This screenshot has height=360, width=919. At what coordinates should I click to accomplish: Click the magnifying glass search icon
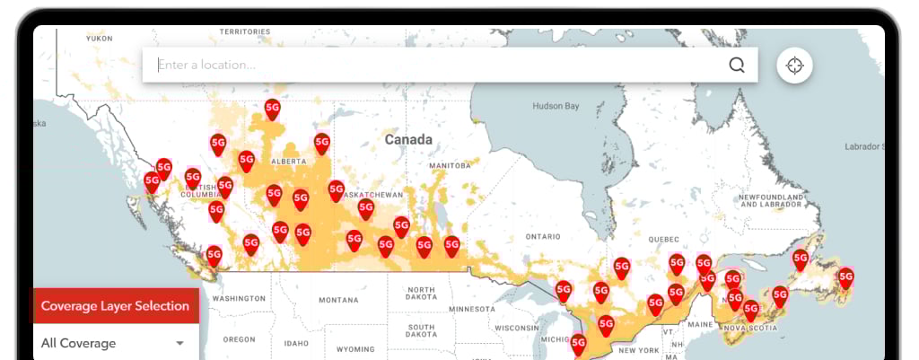click(x=737, y=65)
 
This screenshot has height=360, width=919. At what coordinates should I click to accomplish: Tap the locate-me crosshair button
click(x=794, y=66)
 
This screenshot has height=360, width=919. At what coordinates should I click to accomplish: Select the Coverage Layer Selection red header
click(x=115, y=306)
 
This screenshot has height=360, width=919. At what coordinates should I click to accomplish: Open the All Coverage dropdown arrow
click(x=179, y=344)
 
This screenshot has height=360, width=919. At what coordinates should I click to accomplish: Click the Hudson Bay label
click(x=556, y=106)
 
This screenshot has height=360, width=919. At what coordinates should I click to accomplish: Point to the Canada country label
click(x=408, y=139)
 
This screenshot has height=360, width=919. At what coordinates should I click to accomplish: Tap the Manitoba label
click(x=450, y=166)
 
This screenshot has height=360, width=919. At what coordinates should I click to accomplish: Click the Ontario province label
click(x=543, y=236)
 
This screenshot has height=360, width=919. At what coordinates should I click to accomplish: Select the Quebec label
click(x=664, y=240)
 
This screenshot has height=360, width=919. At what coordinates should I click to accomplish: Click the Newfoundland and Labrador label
click(x=769, y=200)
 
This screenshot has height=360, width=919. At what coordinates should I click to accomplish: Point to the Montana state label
click(x=337, y=300)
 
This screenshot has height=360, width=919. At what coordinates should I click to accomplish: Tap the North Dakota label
click(x=421, y=294)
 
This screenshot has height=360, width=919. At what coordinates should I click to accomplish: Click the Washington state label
click(x=239, y=298)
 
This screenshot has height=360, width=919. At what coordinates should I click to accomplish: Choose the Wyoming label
click(x=355, y=349)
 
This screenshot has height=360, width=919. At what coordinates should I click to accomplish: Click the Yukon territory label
click(x=99, y=39)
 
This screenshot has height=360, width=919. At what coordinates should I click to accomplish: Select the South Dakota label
click(x=421, y=332)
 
